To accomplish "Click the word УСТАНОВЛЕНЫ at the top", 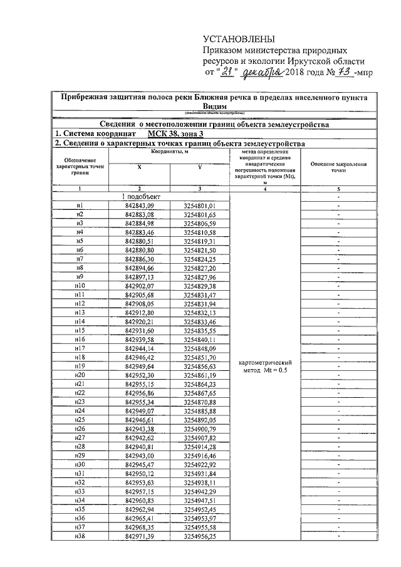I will [x=231, y=39].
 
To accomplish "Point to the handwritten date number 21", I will [x=226, y=73].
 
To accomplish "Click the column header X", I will [x=139, y=167].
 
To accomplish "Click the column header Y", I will [x=199, y=167].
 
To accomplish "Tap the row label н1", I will [x=80, y=205].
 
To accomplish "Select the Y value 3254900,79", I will [x=200, y=429].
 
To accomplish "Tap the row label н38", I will [x=80, y=537].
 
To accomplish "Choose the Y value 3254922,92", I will [x=200, y=464].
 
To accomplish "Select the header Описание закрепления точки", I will [x=338, y=167].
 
